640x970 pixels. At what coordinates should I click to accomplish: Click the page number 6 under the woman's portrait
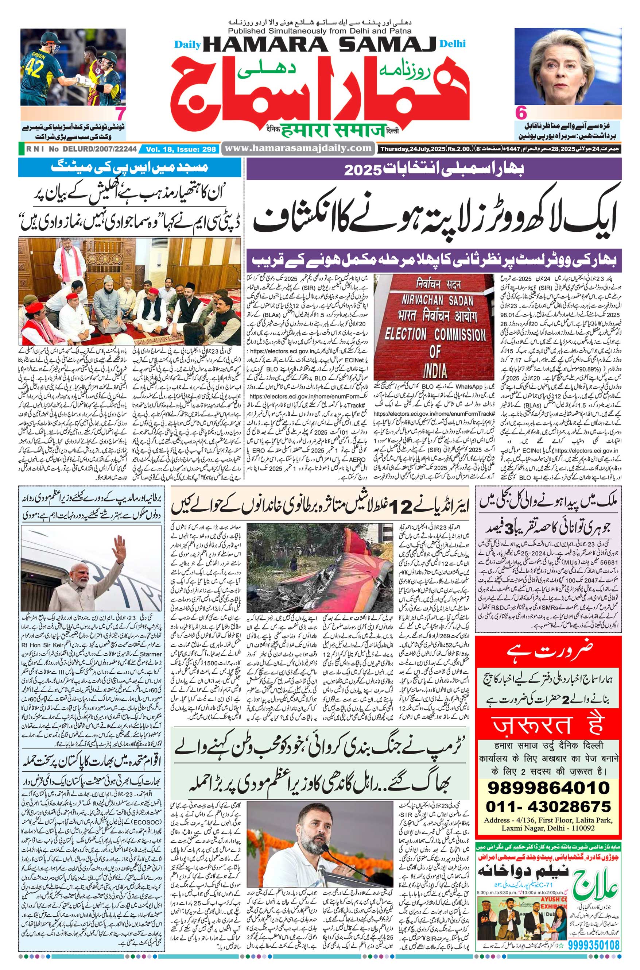[521, 113]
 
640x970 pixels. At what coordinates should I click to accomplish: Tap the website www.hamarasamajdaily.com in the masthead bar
[298, 148]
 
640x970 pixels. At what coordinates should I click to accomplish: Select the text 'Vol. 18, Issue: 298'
[181, 150]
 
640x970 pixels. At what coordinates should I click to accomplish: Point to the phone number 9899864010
[548, 788]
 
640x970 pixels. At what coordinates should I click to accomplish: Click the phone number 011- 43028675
[548, 806]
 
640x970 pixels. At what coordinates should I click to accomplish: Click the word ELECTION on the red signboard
[405, 334]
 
